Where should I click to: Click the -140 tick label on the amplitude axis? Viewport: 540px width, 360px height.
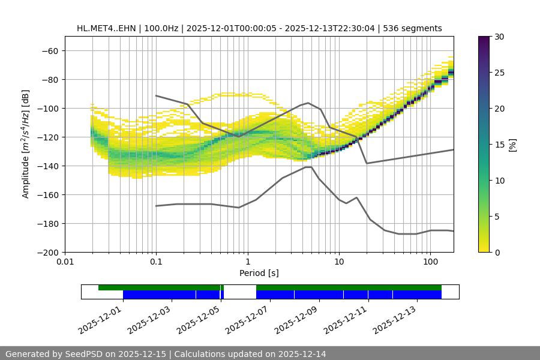tap(49, 166)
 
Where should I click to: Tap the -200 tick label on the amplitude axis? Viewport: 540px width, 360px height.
tap(49, 252)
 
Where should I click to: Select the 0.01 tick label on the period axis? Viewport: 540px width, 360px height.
tap(65, 262)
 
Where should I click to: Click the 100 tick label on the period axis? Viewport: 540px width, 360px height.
tap(430, 262)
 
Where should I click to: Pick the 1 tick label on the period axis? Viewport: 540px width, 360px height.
tap(247, 262)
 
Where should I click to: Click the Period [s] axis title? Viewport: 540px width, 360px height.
tap(259, 273)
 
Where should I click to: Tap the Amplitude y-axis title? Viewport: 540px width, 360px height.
tap(26, 144)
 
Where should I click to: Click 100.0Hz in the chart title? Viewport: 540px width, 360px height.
tap(160, 28)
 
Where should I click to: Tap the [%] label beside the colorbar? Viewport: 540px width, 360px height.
tap(512, 145)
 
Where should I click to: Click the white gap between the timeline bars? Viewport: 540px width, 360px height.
tap(239, 292)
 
